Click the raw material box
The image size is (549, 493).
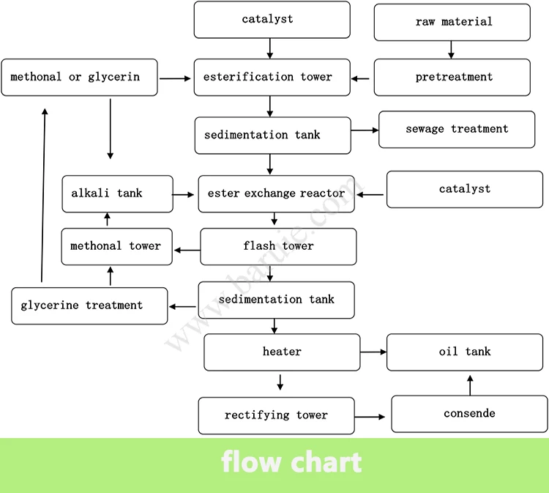click(x=452, y=22)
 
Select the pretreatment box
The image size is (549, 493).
click(x=452, y=78)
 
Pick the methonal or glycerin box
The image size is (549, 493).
click(x=79, y=78)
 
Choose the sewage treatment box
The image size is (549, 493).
click(x=456, y=130)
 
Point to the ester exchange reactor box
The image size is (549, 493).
click(x=276, y=194)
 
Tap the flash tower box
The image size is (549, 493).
click(x=278, y=246)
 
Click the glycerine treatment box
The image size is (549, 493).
click(x=89, y=305)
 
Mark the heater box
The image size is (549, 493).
click(x=282, y=352)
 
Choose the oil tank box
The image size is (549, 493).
click(x=465, y=352)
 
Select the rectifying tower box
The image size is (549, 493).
click(x=276, y=415)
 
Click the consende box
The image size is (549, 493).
click(x=469, y=414)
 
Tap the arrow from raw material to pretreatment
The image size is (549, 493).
click(x=451, y=50)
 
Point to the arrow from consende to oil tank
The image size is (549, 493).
click(x=470, y=384)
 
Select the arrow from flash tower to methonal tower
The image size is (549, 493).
click(x=187, y=251)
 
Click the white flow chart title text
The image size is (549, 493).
click(x=291, y=463)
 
